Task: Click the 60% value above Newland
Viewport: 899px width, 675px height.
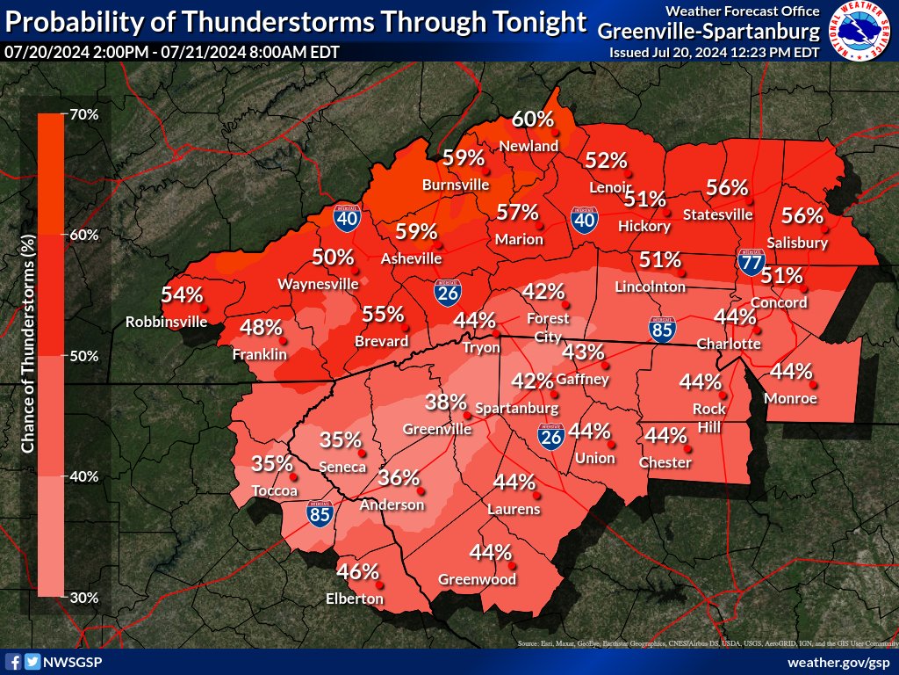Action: click(533, 119)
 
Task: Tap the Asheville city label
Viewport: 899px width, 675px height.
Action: click(411, 258)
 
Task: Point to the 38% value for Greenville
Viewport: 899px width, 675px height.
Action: click(446, 403)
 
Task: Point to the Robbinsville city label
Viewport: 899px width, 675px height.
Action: click(166, 322)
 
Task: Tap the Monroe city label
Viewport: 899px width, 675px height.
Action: click(790, 398)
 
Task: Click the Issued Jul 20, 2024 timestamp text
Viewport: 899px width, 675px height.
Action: click(714, 53)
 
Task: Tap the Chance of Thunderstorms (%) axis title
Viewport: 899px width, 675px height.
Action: click(27, 343)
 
